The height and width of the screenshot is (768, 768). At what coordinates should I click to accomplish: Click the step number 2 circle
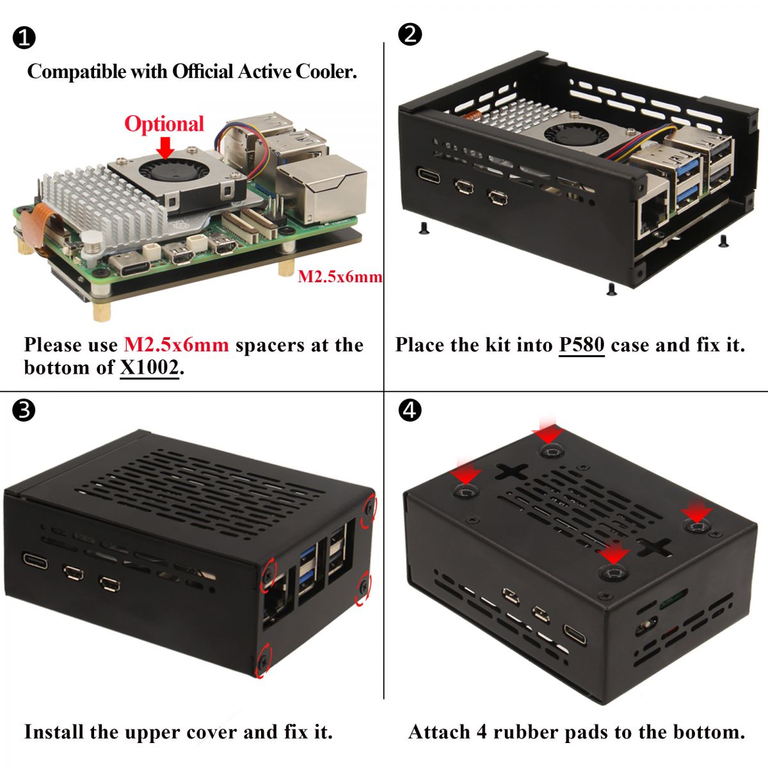(410, 34)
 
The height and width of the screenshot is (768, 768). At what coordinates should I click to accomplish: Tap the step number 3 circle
(24, 410)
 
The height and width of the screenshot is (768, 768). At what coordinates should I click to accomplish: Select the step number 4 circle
(410, 410)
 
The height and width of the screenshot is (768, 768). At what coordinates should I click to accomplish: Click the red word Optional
(164, 124)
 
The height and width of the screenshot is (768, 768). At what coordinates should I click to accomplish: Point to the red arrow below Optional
(165, 148)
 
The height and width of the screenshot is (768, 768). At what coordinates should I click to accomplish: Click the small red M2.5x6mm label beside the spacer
(340, 276)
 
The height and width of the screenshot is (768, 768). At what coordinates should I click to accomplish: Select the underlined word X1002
(150, 367)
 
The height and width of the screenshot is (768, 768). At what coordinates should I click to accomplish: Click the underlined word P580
(581, 345)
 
